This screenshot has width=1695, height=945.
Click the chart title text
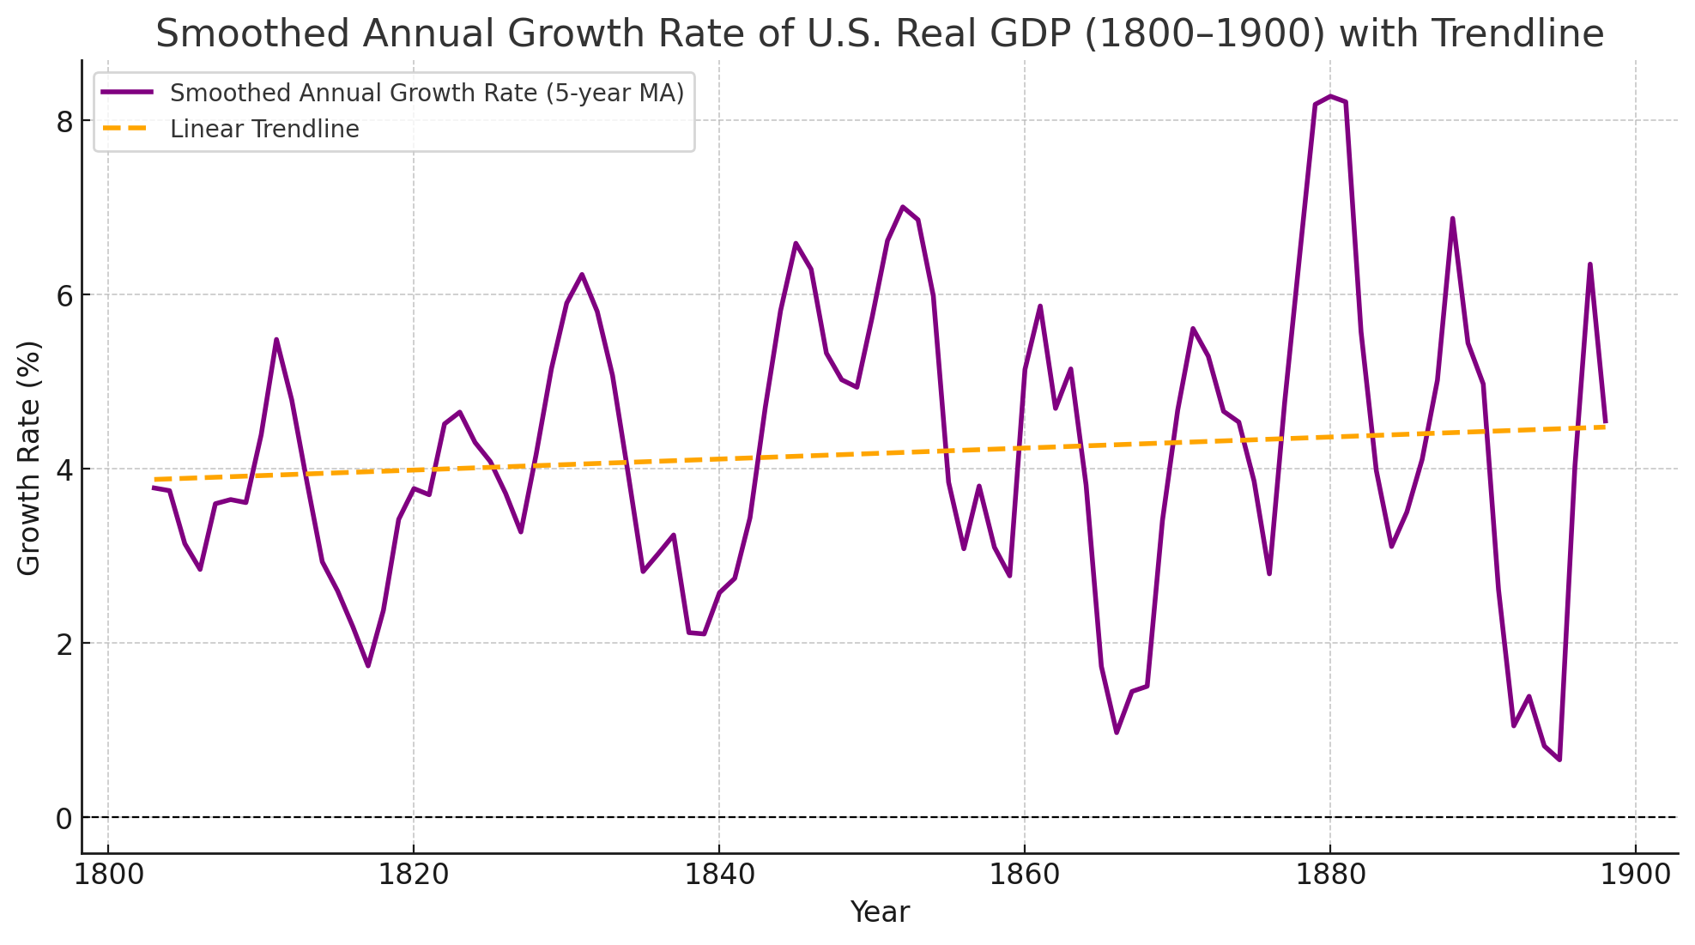tap(879, 34)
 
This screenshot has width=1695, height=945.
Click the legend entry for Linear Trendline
tap(264, 130)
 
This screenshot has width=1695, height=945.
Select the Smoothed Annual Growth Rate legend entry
tap(427, 93)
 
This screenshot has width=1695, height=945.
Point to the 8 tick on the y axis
tap(65, 121)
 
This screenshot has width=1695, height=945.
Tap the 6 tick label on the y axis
tap(65, 295)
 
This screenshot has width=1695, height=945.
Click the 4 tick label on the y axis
tap(65, 469)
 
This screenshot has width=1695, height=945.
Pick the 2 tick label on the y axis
tap(65, 644)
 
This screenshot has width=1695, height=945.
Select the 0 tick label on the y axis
tap(65, 818)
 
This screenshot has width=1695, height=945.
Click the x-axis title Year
tap(879, 912)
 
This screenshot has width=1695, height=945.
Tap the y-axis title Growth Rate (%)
tap(29, 457)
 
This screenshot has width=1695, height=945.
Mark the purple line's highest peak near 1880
tap(1330, 96)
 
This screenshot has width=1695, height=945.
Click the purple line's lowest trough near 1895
tap(1559, 760)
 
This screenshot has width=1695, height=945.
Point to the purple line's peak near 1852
tap(903, 207)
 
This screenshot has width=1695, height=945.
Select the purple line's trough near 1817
tap(367, 666)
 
